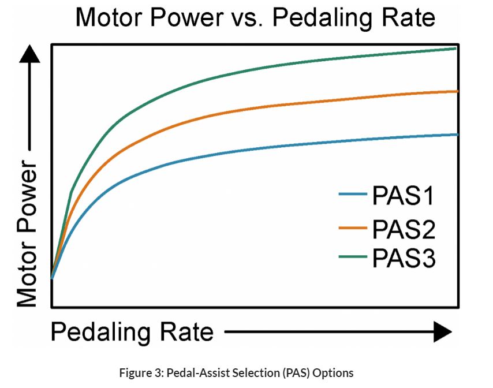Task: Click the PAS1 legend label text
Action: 403,197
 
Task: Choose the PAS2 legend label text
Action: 403,229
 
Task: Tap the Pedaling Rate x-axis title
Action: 132,332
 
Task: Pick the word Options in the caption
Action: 334,373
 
